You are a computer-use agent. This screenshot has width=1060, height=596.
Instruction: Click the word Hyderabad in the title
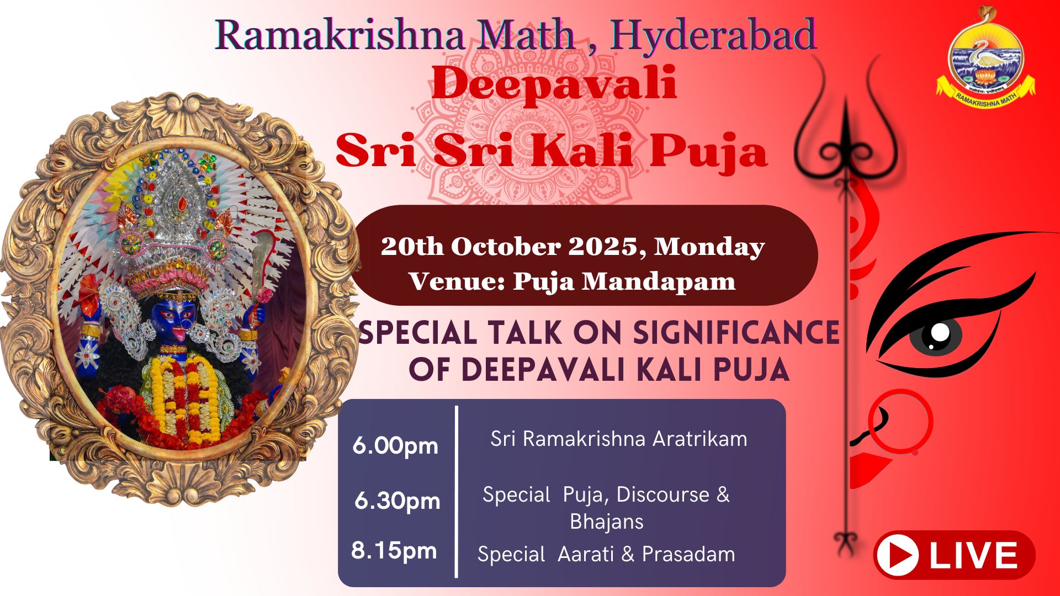(x=713, y=35)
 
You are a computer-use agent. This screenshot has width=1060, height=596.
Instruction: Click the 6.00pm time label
(x=395, y=446)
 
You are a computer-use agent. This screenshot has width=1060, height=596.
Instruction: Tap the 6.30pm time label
(x=397, y=501)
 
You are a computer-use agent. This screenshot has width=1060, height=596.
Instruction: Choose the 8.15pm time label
(x=394, y=551)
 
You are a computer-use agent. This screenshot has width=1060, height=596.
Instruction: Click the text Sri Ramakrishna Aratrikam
(x=619, y=439)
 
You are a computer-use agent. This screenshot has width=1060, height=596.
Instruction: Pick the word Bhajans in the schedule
(x=607, y=521)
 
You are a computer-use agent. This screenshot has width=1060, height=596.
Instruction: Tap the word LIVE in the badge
(x=973, y=555)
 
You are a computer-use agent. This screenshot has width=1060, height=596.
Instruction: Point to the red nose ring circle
(x=900, y=422)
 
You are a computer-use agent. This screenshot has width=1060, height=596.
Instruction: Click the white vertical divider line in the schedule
(x=457, y=491)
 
